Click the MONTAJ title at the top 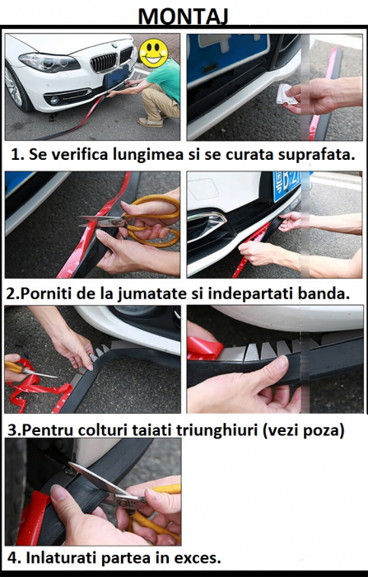(x=184, y=16)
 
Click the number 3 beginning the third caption (x=12, y=429)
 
